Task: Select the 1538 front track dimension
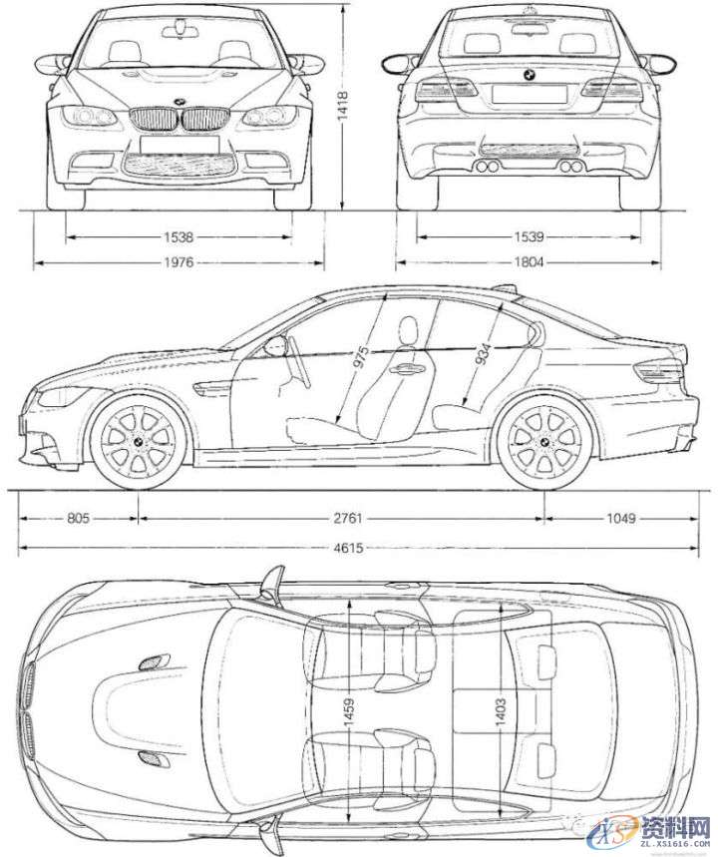179,237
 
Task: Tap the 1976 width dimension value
179,263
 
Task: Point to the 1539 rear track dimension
529,237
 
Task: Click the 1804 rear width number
529,263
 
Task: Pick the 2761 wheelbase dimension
342,519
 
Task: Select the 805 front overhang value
77,519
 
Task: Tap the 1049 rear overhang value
619,519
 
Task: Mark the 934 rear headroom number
482,352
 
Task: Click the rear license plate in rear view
529,94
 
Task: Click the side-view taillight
659,373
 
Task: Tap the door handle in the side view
405,368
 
